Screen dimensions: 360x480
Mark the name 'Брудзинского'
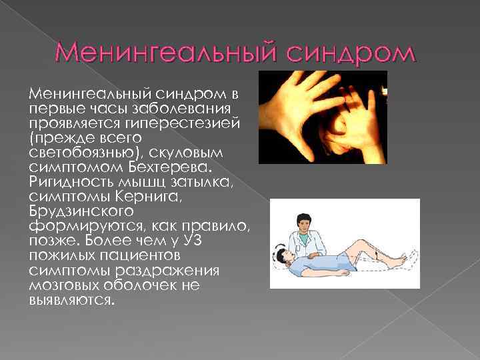pyautogui.click(x=73, y=211)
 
